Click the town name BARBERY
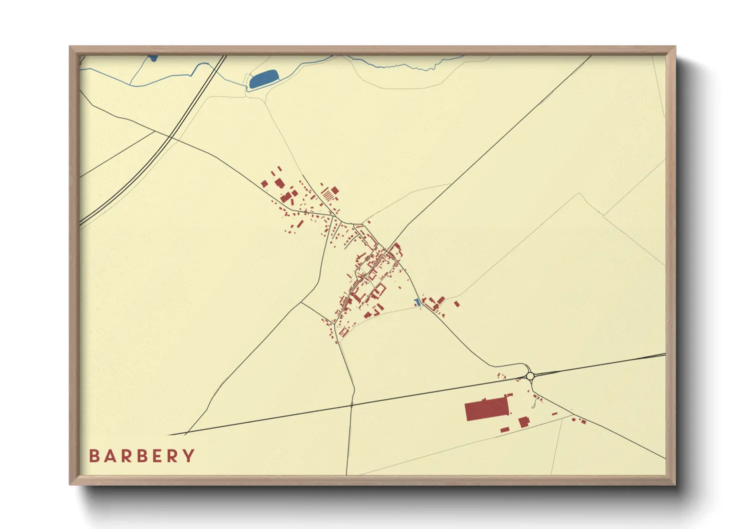tap(142, 456)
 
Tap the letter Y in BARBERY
tap(189, 456)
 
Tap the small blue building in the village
tap(417, 302)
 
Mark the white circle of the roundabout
tap(530, 375)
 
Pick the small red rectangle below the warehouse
tap(505, 429)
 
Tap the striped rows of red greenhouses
tap(326, 194)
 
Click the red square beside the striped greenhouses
tap(335, 190)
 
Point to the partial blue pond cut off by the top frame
tap(153, 58)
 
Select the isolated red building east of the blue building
tap(456, 303)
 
